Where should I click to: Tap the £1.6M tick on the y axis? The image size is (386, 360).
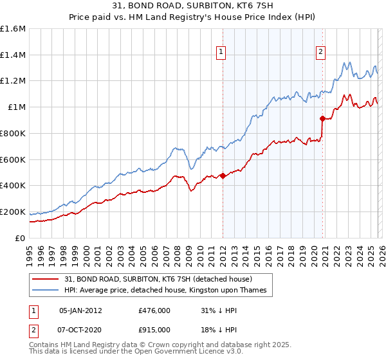point(13,29)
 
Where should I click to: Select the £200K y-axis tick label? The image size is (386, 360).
point(13,212)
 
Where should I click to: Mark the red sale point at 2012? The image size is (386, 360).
point(223,175)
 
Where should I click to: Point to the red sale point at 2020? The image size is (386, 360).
point(322,118)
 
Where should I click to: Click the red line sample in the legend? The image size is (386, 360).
point(46,279)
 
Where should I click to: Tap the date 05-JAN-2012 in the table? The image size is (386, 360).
point(80,310)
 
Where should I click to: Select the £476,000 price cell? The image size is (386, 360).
point(154,310)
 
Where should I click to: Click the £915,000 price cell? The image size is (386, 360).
point(154,329)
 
